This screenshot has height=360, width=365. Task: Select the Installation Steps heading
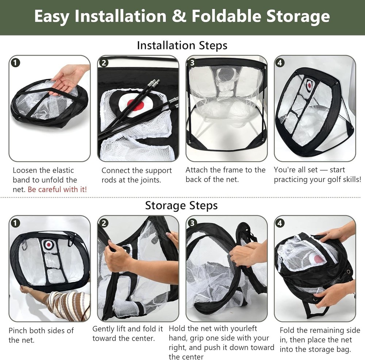[182, 45]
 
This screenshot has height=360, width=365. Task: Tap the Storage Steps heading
[181, 205]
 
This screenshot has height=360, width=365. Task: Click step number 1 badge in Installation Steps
[15, 62]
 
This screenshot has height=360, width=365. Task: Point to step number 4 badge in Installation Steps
[280, 62]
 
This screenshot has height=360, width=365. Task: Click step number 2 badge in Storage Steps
[104, 223]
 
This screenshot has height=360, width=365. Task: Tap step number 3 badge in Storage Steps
[192, 223]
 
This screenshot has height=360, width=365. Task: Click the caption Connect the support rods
[137, 175]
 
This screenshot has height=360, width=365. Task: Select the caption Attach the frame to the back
[225, 174]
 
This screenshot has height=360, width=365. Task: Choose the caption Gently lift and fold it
[127, 333]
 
